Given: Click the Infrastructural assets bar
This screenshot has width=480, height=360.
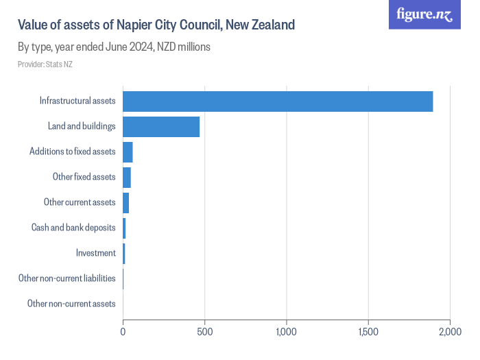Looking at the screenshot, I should pos(278,101).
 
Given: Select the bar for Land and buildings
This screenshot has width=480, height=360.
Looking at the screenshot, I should pos(161,127).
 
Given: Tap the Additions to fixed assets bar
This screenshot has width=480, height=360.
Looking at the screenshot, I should pos(128,152).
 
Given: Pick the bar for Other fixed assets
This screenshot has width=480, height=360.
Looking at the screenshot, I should pos(127,177).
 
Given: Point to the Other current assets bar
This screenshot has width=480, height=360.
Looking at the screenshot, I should pos(126,202).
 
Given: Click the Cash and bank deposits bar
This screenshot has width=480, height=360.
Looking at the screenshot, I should pos(124,228).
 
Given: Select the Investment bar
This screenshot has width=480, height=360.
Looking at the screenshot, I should pos(124,253).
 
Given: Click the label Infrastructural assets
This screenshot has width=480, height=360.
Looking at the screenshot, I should pos(77,101).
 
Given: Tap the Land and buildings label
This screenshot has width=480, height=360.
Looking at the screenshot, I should pos(82,127).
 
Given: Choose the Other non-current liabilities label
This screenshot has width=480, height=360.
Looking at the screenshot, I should pos(67,278).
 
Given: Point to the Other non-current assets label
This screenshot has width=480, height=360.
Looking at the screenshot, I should pos(71,304).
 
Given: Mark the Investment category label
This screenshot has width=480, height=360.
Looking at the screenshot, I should pos(96,253).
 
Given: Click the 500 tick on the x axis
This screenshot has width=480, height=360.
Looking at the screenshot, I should pos(205,332).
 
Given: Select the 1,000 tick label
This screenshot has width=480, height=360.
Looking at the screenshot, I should pos(286,332).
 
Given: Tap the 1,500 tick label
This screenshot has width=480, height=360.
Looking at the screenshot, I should pos(368,332).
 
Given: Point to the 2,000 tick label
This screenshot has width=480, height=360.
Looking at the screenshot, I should pos(450,332).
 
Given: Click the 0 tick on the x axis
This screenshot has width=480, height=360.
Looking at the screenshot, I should pos(123,332).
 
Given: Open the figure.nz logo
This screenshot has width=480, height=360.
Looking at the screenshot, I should pos(424,14).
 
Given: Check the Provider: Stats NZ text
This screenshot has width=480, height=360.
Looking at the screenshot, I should pos(45,64).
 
